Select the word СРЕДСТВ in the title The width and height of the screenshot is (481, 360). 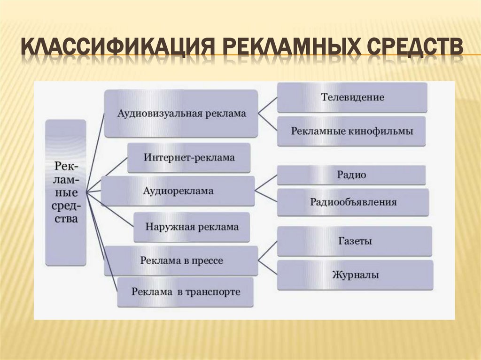412,48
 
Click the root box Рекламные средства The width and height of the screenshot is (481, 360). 66,192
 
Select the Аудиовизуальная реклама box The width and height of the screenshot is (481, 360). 181,113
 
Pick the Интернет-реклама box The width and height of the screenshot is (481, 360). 189,158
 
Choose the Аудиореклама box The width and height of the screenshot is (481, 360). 178,191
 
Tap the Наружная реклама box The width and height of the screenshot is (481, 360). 191,227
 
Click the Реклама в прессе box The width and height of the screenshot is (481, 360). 181,260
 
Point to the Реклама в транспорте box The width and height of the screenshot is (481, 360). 186,292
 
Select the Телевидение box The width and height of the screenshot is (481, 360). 352,97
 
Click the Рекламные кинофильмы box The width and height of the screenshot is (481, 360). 352,131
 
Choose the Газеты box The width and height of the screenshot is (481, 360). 355,241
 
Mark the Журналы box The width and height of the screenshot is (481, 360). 355,275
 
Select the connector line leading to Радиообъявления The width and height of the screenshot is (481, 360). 266,197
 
